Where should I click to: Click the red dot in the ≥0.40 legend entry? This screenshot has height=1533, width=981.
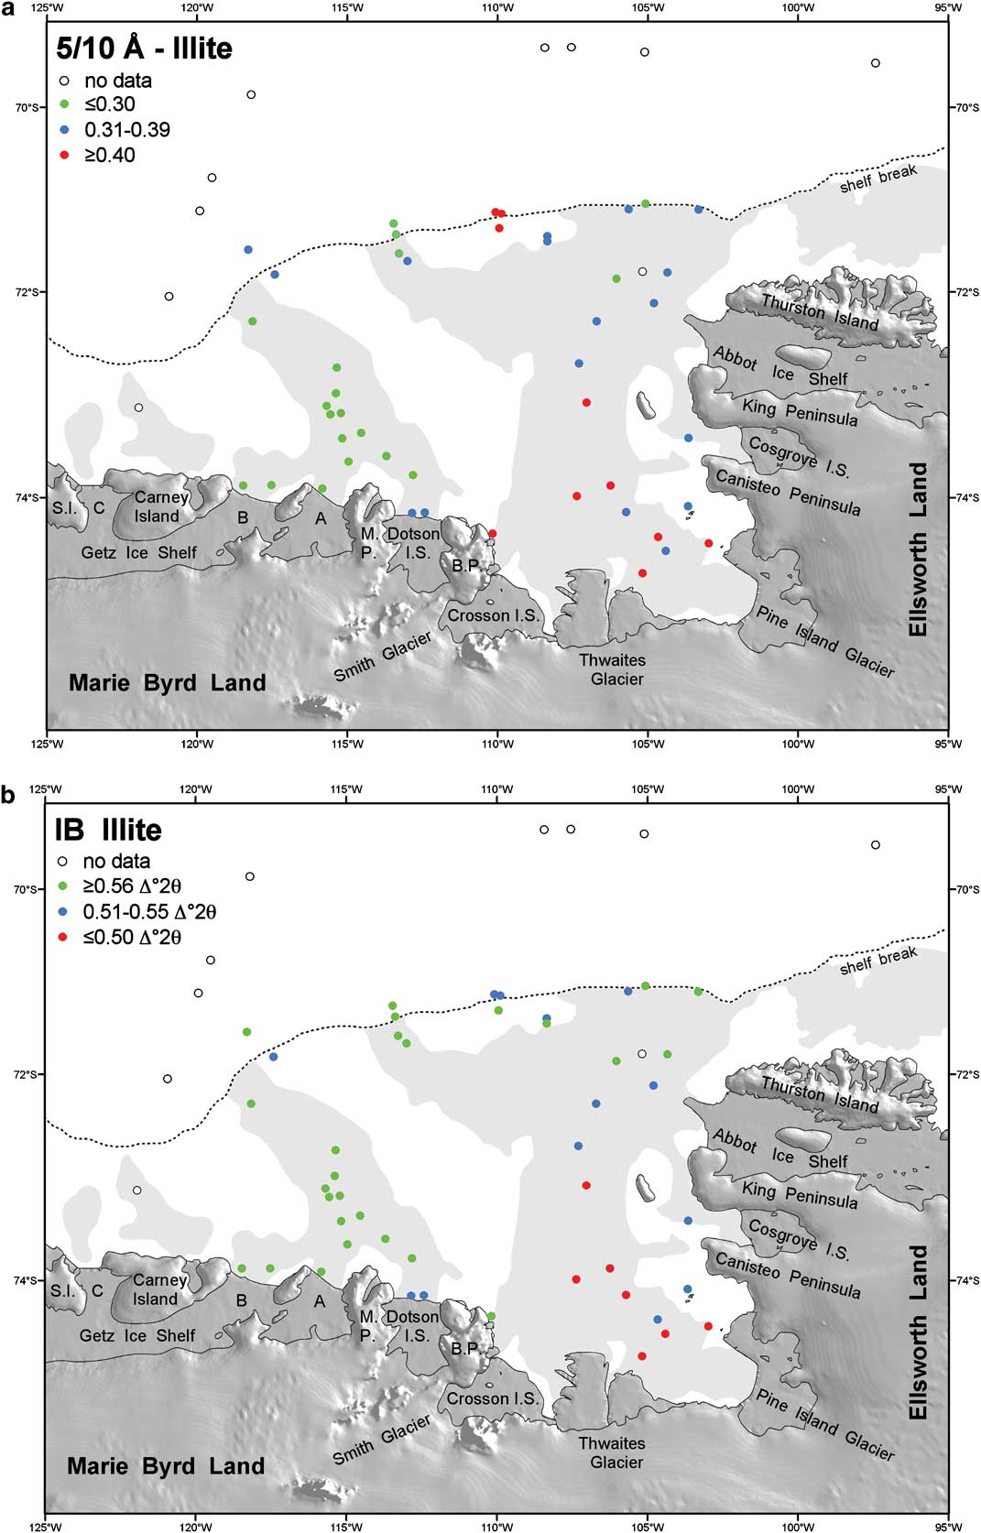pyautogui.click(x=63, y=156)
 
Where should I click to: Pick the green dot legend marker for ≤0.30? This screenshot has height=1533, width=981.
pyautogui.click(x=63, y=104)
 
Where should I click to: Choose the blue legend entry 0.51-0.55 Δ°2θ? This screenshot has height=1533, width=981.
pyautogui.click(x=62, y=912)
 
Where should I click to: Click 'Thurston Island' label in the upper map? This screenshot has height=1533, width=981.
pyautogui.click(x=819, y=311)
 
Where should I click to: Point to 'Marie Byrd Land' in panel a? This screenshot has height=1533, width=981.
pyautogui.click(x=167, y=683)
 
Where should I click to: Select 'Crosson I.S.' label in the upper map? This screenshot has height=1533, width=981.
pyautogui.click(x=493, y=615)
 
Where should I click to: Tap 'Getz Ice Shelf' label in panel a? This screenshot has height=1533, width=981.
pyautogui.click(x=138, y=552)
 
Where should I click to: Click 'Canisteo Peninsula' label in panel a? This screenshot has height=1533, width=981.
pyautogui.click(x=788, y=492)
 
